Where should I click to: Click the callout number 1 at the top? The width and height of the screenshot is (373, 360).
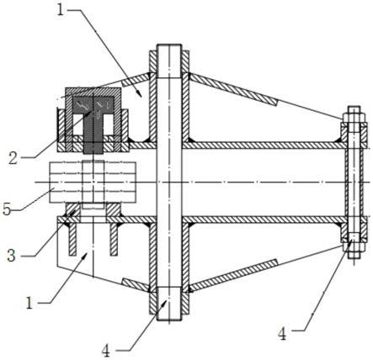[61, 10]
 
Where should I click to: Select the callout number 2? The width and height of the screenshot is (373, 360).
[13, 158]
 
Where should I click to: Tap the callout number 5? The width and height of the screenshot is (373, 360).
[7, 209]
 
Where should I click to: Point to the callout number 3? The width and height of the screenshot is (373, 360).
[11, 256]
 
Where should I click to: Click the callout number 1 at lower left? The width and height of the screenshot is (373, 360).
[30, 303]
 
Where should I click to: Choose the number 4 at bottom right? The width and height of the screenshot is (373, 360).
[282, 334]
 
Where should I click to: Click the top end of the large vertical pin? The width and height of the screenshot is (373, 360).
[169, 45]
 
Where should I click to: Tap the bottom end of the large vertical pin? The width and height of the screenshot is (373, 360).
[169, 319]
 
